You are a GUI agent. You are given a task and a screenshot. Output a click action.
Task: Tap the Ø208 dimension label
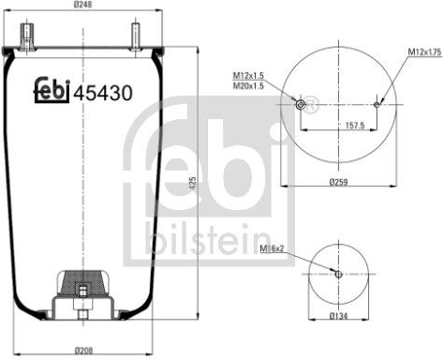[83, 351]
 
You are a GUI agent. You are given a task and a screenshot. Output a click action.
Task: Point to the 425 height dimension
[192, 183]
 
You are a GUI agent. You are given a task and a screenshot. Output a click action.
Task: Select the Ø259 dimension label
[338, 182]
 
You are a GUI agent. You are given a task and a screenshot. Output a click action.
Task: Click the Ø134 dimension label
[338, 316]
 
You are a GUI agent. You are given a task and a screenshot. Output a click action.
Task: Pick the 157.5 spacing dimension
[355, 126]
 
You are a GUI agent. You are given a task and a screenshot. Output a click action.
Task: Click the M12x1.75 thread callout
[425, 52]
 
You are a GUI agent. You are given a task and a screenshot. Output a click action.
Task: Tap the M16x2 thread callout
[272, 248]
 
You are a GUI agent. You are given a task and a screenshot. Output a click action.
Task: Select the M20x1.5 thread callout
[248, 85]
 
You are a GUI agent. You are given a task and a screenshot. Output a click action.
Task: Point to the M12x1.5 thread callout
[248, 76]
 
